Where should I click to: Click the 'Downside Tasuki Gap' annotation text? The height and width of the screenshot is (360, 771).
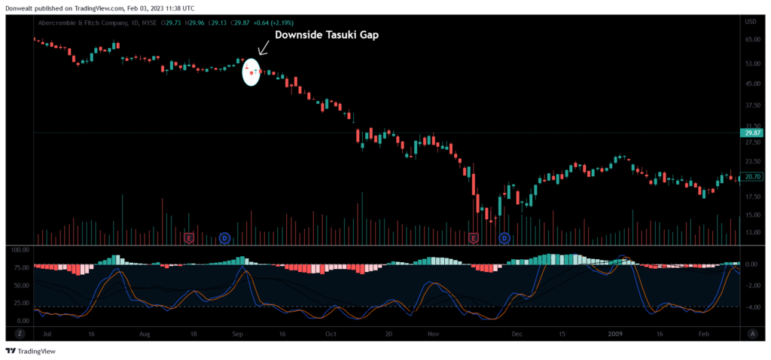click(325, 35)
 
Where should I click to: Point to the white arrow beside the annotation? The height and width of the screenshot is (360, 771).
click(263, 47)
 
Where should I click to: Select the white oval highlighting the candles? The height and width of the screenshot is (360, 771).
click(251, 72)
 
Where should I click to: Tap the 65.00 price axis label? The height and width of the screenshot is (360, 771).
click(751, 38)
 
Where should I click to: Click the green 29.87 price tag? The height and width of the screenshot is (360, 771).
click(753, 133)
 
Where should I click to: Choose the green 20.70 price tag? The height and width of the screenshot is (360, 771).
click(753, 177)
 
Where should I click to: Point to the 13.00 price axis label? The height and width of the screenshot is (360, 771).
click(751, 232)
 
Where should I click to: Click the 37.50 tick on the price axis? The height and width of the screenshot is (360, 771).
click(751, 105)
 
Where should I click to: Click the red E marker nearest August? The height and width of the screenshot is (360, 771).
click(189, 238)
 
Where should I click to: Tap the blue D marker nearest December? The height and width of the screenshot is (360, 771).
click(504, 238)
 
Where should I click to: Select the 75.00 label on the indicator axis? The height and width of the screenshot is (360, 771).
click(20, 267)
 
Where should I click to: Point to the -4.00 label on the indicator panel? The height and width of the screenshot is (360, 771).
click(751, 307)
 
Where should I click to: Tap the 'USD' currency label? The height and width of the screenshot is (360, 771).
click(751, 22)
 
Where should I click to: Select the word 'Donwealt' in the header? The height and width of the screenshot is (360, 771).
click(20, 8)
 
